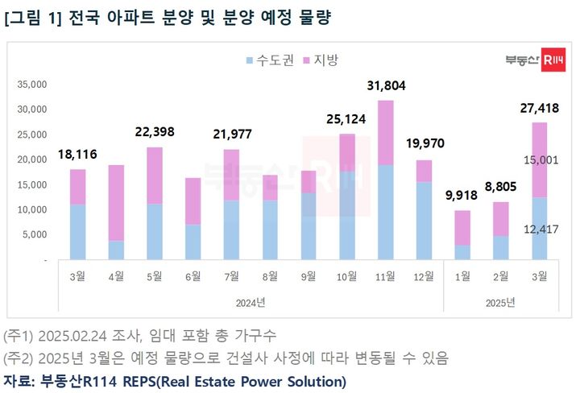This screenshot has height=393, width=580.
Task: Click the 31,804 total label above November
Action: click(385, 85)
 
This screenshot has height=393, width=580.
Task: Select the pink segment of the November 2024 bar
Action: click(385, 132)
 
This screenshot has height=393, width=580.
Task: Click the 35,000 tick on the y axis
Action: click(32, 84)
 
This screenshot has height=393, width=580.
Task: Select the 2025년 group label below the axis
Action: click(500, 302)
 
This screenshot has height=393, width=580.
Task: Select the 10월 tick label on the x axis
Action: click(346, 276)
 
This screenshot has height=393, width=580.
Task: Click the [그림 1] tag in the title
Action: click(32, 17)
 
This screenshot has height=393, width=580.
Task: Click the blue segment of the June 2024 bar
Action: click(193, 242)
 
